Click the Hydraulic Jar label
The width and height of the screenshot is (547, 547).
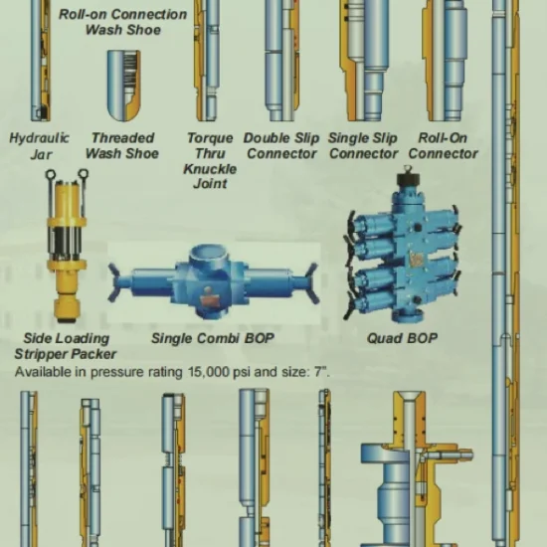click(39, 146)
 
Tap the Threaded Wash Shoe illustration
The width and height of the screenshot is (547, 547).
click(124, 86)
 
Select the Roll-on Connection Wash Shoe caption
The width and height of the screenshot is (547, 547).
click(122, 22)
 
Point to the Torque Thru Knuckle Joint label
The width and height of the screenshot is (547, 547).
click(210, 160)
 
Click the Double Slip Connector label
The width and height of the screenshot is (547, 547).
click(281, 146)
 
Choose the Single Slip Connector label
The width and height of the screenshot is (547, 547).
click(363, 146)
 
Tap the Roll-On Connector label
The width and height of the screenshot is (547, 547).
click(443, 146)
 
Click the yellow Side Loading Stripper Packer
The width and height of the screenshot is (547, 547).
click(67, 246)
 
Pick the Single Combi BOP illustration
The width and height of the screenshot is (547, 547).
click(214, 281)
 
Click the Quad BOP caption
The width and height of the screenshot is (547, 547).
click(402, 338)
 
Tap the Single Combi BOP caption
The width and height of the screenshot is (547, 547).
click(213, 338)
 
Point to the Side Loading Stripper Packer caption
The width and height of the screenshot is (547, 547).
click(66, 346)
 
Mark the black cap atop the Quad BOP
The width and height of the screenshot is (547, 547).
click(408, 179)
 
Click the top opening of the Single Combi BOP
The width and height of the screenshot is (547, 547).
click(209, 252)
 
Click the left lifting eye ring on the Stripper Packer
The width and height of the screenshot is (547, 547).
click(51, 174)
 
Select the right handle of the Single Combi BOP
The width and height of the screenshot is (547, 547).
click(311, 283)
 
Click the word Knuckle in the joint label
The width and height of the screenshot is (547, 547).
click(210, 169)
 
